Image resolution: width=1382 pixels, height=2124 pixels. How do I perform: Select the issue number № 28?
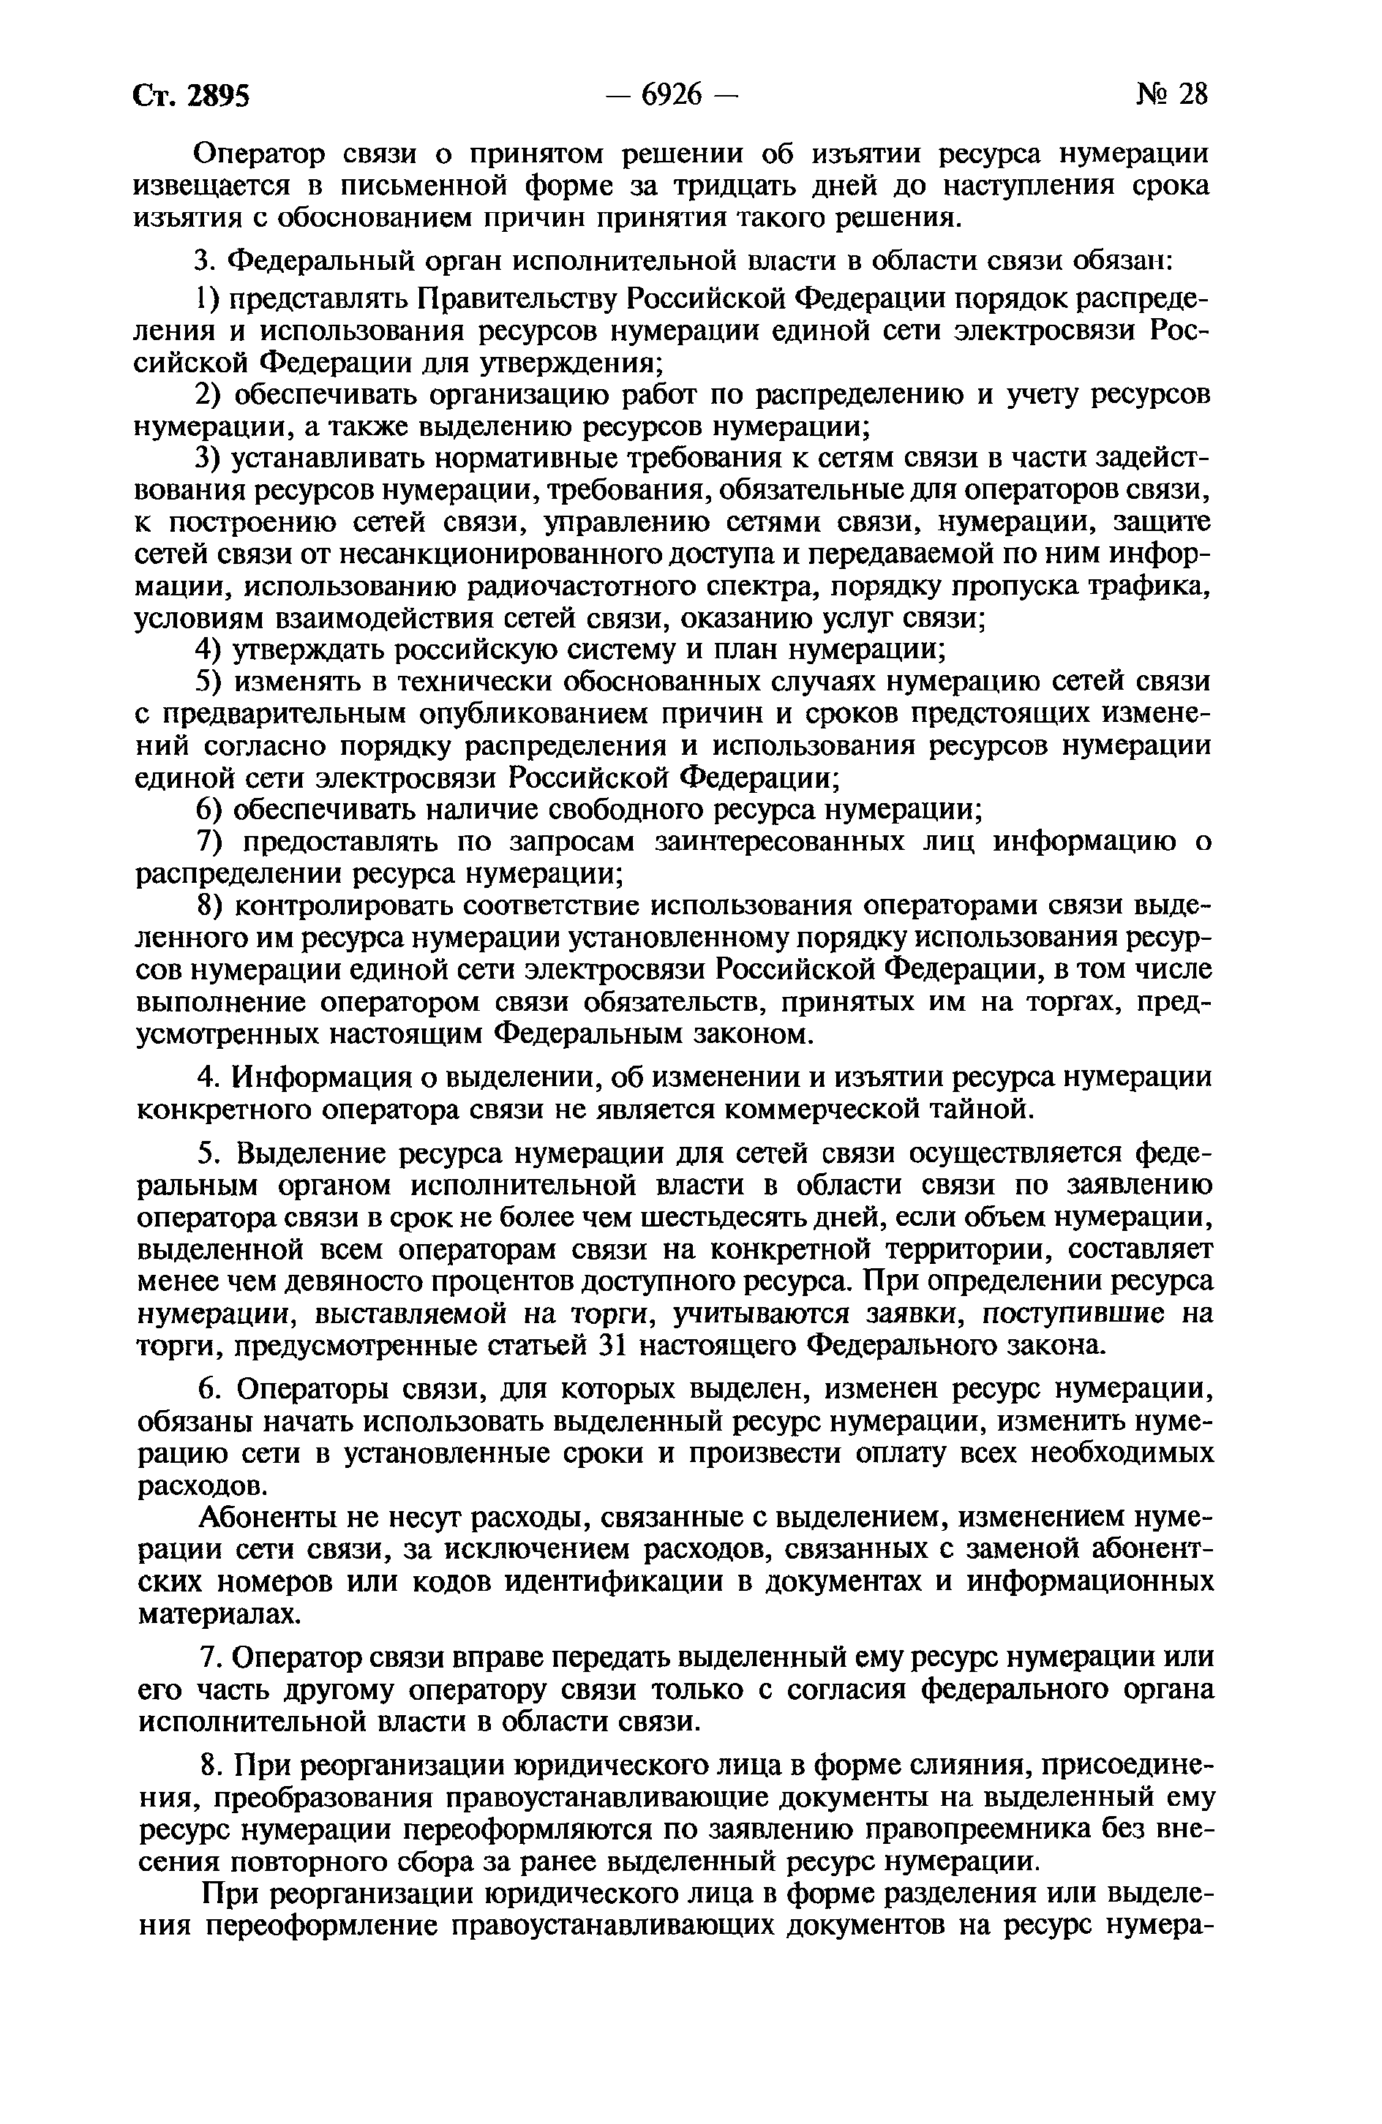[1171, 94]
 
